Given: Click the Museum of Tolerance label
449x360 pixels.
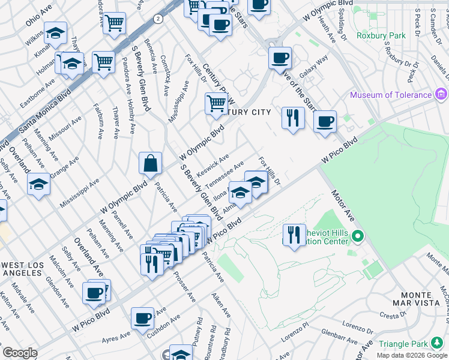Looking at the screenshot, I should tap(391, 95).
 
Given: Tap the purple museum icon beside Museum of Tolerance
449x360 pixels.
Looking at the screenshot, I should tap(442, 94).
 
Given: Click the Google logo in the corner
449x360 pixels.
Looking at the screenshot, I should tap(20, 353).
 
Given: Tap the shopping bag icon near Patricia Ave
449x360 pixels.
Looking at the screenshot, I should tap(150, 163).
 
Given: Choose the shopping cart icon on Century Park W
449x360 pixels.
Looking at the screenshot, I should tap(216, 103).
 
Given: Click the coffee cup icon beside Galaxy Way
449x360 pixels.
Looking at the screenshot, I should tap(280, 58).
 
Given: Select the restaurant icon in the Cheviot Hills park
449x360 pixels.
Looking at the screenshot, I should tap(294, 235).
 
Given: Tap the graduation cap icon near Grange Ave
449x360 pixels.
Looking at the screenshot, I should tap(38, 184).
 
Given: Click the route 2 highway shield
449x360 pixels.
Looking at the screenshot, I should tap(158, 19).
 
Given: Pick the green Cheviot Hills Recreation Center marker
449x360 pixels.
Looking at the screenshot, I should tap(358, 236).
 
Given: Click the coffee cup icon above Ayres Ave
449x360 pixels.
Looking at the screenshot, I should tap(142, 318).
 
